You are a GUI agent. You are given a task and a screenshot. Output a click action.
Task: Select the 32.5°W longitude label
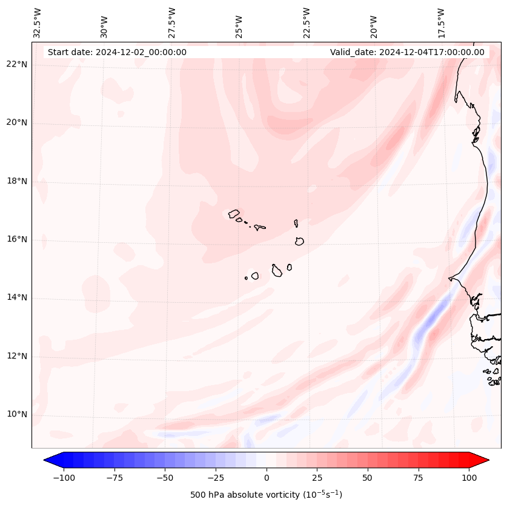coord(38,22)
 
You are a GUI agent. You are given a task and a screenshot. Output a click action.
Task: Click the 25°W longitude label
coord(239,22)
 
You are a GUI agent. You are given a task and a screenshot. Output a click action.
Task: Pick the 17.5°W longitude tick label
coord(441,22)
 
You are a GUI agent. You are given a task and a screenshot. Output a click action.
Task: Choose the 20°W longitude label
coord(374,22)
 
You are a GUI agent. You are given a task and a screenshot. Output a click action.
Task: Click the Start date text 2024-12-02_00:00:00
coord(117,52)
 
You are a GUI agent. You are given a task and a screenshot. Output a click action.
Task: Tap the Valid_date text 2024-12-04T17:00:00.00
coord(407,52)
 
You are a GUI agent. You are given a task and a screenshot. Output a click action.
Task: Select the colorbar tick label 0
coord(267,478)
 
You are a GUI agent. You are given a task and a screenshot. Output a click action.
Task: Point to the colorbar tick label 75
coord(419,478)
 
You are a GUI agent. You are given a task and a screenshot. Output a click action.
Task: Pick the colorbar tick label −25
coord(215,478)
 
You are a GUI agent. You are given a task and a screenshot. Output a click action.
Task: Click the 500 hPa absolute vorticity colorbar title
coord(266,495)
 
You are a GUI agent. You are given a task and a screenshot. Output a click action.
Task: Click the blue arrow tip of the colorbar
coord(50,460)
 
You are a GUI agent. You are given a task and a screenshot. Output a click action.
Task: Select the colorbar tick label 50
coord(368,478)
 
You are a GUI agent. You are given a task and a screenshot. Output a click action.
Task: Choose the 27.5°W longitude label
coord(172,22)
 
